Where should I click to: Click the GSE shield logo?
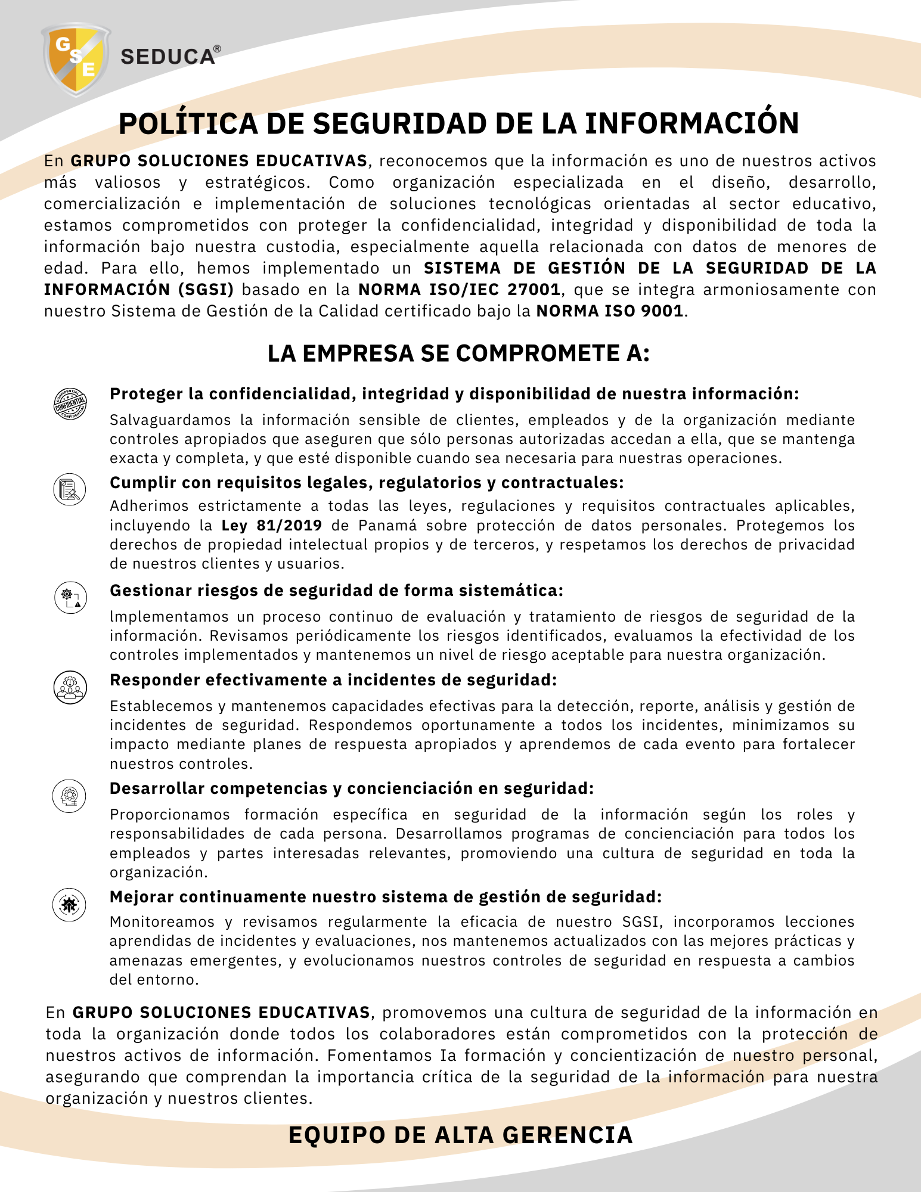(76, 59)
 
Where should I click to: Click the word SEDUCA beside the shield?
(167, 57)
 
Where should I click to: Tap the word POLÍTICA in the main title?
(188, 124)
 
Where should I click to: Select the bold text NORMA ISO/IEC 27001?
(459, 290)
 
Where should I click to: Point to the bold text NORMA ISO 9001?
(609, 311)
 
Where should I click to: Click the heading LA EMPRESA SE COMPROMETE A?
(458, 353)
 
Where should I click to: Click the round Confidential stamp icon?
(70, 403)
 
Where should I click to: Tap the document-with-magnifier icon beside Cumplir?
(70, 490)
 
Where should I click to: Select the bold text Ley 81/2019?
(271, 525)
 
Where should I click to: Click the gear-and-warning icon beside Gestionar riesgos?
(70, 597)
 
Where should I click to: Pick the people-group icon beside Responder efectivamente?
(70, 687)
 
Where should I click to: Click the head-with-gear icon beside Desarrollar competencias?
(70, 796)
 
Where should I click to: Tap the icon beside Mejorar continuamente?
(70, 905)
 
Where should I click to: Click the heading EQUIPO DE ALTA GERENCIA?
(460, 1135)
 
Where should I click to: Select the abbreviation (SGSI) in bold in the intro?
(206, 290)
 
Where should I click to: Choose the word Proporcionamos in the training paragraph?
(170, 815)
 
